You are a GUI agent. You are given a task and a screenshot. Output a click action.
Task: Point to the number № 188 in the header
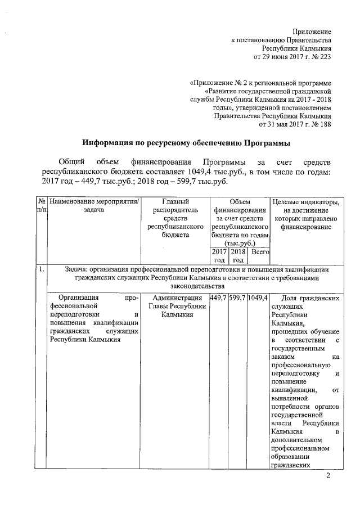[321, 125]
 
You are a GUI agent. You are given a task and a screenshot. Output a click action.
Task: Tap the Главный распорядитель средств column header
[174, 214]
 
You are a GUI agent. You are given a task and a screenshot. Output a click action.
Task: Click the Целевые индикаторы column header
[305, 214]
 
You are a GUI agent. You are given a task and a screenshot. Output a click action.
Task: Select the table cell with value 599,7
[238, 298]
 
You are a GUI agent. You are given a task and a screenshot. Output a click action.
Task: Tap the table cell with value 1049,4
[259, 298]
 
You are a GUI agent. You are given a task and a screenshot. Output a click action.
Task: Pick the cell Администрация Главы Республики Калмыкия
[174, 306]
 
